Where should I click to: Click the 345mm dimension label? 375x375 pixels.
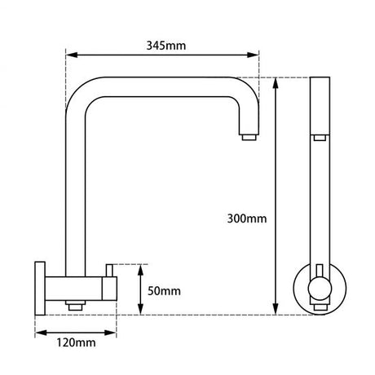pos(163,46)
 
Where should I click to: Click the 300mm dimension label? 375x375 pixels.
pos(248,218)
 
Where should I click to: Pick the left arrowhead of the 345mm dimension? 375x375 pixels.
pos(69,56)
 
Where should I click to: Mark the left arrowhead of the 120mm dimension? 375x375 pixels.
pos(38,333)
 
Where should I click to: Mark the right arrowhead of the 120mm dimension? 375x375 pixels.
pos(118,333)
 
